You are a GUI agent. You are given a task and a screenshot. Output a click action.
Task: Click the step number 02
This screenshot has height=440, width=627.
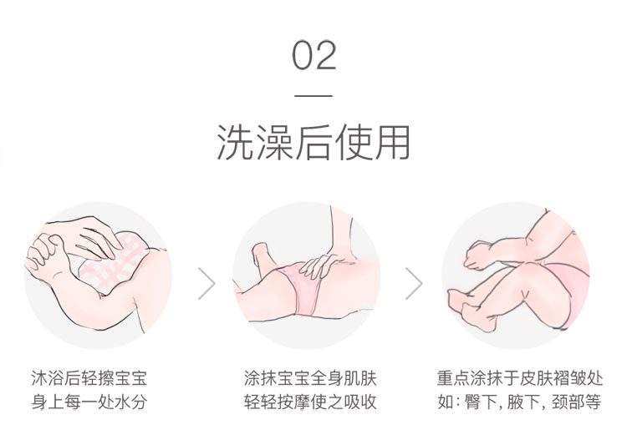313,55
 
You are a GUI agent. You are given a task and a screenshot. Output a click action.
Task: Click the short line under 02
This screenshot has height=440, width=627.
313,96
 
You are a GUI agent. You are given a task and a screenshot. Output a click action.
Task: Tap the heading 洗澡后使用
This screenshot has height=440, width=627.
313,143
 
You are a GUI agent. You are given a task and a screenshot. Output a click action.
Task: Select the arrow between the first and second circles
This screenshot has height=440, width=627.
206,284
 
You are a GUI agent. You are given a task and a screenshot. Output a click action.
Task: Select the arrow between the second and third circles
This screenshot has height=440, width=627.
415,284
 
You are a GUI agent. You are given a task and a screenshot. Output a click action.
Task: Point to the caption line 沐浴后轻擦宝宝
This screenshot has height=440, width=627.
89,378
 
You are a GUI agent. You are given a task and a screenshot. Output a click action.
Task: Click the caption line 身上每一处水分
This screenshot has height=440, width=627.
89,402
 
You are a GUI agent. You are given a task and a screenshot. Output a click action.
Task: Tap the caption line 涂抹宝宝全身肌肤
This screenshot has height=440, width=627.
310,378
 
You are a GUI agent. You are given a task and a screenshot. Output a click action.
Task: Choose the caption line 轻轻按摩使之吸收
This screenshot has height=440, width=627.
310,402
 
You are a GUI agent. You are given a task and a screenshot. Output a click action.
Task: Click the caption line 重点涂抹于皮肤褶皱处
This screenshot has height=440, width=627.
520,378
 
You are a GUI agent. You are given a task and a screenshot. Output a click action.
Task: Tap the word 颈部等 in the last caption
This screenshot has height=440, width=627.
576,402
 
